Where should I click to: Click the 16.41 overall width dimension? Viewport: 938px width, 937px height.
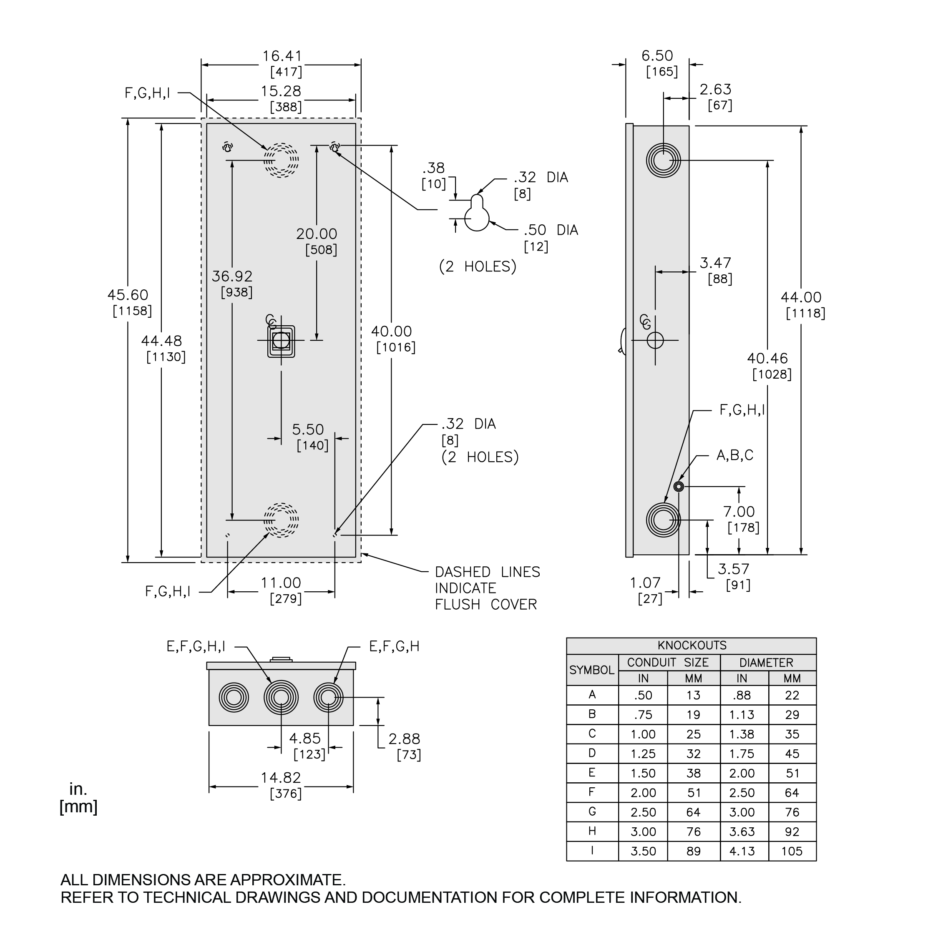pos(282,56)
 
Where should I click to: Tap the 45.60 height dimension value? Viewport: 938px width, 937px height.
pos(128,295)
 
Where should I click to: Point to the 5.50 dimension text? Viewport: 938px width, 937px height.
pos(308,430)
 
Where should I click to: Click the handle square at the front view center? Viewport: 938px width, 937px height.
pos(281,341)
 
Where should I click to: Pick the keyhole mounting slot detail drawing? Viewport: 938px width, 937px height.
pos(477,214)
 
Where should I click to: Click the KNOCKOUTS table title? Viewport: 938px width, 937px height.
pos(692,645)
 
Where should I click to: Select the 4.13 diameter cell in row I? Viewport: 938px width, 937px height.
pos(742,851)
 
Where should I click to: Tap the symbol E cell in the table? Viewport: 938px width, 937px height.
pos(592,773)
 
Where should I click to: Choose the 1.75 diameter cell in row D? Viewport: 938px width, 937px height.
pos(742,754)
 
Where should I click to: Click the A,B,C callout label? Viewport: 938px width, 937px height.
pos(735,455)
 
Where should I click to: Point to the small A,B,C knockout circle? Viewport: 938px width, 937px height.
pos(679,487)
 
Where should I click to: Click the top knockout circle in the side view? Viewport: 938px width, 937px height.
pos(663,160)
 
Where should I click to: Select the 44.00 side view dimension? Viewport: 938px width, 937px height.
pos(801,297)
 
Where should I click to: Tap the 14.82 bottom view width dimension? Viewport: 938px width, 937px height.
pos(281,778)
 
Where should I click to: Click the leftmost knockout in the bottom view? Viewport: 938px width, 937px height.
pos(234,698)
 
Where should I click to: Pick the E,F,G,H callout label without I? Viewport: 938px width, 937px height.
pos(394,646)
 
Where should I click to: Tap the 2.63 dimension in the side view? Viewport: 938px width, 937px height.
pos(715,90)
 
